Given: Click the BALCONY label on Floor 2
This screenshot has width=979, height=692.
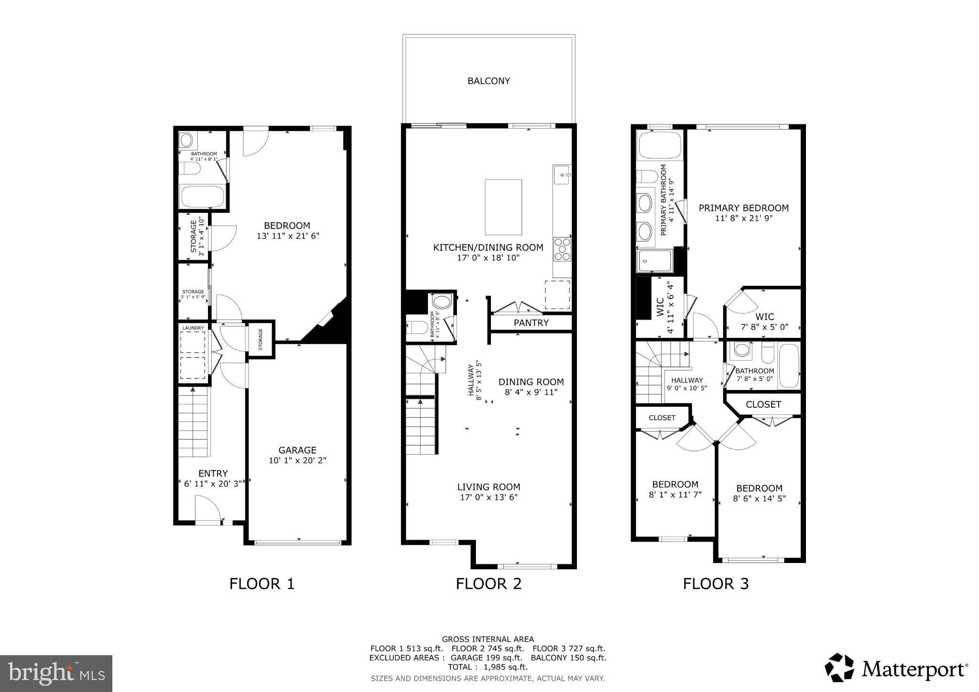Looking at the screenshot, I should [x=489, y=81].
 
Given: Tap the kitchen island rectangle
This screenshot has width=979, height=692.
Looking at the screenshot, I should [x=503, y=207].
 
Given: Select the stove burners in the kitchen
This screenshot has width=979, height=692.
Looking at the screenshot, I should [x=562, y=249].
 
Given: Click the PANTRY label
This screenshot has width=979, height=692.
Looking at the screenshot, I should [x=531, y=323].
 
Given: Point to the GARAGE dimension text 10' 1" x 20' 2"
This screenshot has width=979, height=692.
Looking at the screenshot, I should [x=297, y=461].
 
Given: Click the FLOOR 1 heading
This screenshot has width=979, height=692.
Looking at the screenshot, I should [x=262, y=584].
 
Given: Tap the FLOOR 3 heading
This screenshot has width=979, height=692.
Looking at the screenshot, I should [x=716, y=584].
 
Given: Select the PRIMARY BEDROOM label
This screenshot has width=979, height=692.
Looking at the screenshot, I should [x=743, y=208].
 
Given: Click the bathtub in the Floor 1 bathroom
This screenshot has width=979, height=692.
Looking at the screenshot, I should [x=202, y=196].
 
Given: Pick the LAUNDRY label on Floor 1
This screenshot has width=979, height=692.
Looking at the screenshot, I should [x=193, y=328].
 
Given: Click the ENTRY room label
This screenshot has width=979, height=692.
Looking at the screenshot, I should [x=213, y=474].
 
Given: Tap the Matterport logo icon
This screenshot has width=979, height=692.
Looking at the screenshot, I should [x=839, y=668].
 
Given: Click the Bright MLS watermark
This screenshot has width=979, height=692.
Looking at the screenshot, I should [x=56, y=673].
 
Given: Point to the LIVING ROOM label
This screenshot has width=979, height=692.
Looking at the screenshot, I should [x=489, y=487].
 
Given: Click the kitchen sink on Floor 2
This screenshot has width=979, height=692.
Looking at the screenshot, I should [x=562, y=175].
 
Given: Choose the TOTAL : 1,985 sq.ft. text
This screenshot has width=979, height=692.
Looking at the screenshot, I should [x=487, y=667].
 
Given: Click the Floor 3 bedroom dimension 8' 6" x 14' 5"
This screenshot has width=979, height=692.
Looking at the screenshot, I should [x=759, y=498].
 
